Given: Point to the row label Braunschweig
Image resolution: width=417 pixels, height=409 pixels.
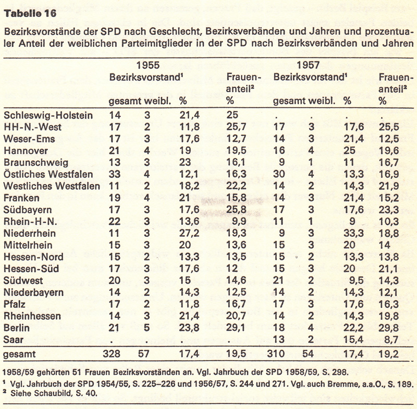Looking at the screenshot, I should click(33, 162).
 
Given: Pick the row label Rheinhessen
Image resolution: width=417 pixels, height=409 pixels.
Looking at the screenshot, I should click(32, 315).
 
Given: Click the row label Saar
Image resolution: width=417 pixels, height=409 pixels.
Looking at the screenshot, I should click(14, 339).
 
